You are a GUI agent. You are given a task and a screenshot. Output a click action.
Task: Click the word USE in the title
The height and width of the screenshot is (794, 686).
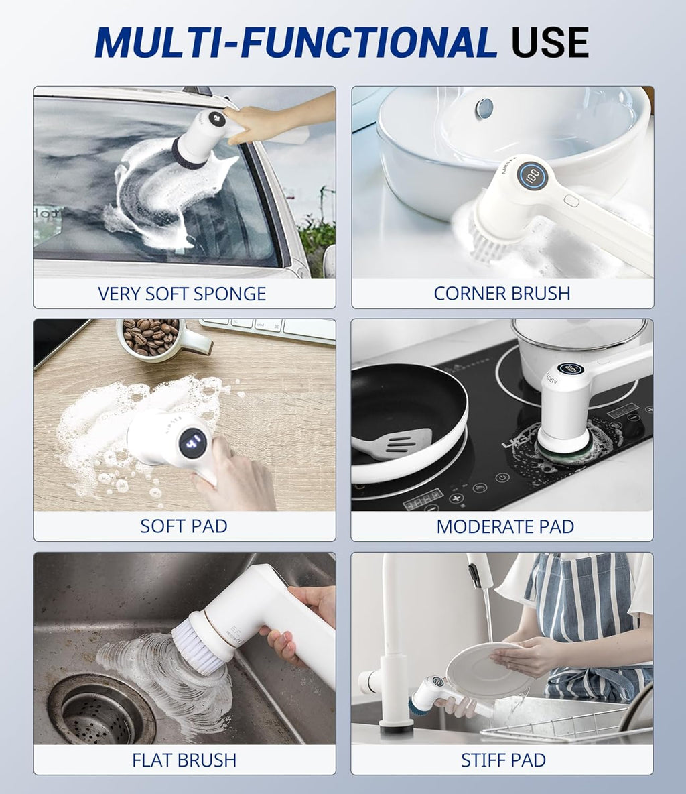click(549, 43)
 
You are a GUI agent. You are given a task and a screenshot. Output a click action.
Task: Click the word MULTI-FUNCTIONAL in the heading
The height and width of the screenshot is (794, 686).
click(295, 43)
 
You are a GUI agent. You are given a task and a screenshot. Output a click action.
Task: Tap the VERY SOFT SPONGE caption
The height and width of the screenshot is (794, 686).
click(182, 294)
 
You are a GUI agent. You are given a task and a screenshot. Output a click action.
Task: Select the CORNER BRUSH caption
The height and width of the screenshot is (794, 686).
click(502, 294)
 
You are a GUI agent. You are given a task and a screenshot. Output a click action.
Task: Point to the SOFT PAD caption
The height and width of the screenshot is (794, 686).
click(184, 526)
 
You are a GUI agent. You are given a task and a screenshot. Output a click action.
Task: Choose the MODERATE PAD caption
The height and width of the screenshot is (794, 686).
click(505, 526)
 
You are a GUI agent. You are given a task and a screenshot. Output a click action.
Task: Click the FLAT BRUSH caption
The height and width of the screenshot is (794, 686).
click(184, 760)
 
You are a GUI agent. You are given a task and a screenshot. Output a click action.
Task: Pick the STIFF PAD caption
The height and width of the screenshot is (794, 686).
click(503, 760)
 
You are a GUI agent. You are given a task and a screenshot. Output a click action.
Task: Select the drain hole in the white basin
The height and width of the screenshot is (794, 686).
click(484, 107)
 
